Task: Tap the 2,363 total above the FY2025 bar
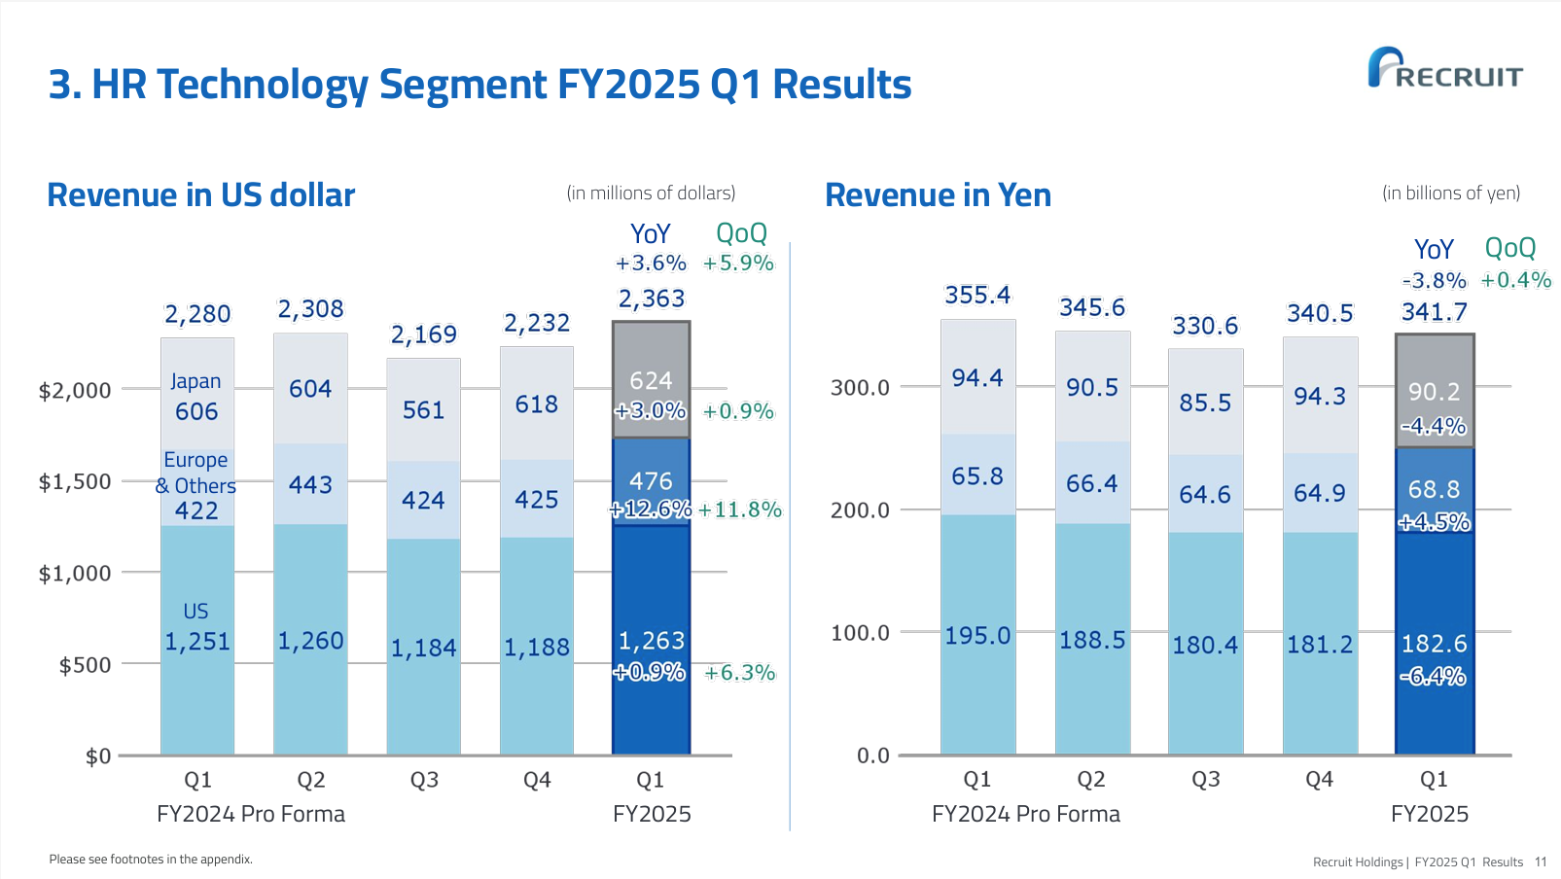click(652, 299)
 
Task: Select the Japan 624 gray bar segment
click(651, 380)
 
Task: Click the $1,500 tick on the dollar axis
click(75, 482)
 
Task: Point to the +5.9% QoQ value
click(738, 264)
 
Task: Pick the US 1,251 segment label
click(196, 642)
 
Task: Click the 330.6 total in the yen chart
click(1205, 326)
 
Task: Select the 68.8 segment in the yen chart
click(1434, 489)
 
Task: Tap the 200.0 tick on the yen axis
click(860, 510)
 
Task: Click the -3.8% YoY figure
click(1434, 281)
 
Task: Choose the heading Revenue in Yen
click(938, 195)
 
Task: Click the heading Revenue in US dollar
click(201, 195)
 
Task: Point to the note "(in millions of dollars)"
click(651, 193)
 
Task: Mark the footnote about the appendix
click(151, 860)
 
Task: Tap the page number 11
click(1541, 862)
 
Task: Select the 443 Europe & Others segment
click(310, 484)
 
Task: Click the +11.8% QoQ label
click(739, 510)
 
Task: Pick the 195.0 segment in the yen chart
click(977, 636)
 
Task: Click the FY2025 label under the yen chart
click(1429, 814)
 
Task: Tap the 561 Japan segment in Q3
click(423, 410)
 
